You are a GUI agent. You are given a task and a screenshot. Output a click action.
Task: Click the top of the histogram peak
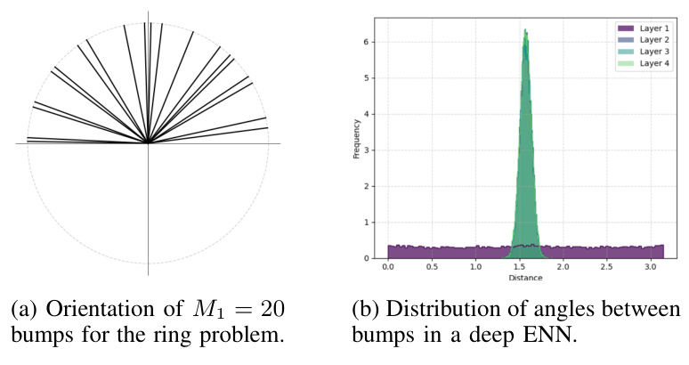[525, 30]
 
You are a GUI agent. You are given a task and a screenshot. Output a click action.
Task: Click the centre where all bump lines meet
[148, 142]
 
